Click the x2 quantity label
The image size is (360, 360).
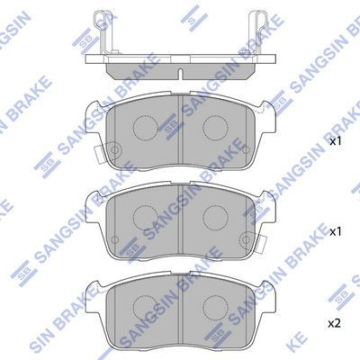click(x=335, y=322)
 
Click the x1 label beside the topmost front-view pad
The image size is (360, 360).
click(x=335, y=142)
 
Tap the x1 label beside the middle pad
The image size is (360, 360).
click(x=335, y=232)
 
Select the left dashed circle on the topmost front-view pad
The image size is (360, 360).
click(x=146, y=126)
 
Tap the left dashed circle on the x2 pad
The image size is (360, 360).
click(x=146, y=304)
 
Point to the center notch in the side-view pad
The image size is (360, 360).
click(x=181, y=71)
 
